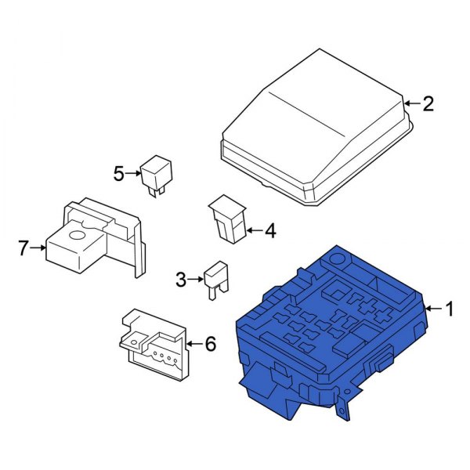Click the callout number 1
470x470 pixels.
[x=450, y=309]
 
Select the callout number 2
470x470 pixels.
[x=428, y=104]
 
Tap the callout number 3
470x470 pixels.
[x=181, y=280]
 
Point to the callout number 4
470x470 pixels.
[x=271, y=231]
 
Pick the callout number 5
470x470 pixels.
[x=119, y=174]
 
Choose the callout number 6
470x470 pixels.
[x=210, y=344]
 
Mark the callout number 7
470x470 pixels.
[x=23, y=248]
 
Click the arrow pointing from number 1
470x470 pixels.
[x=434, y=309]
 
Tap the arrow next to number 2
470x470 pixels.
[x=413, y=103]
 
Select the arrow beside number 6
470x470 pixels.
[x=194, y=344]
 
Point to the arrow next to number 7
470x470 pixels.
[x=38, y=248]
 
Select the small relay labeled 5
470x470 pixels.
[x=156, y=176]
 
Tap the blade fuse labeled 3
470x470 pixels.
[x=216, y=280]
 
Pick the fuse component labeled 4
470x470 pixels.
[x=228, y=219]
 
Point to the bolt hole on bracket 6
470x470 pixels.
[x=134, y=342]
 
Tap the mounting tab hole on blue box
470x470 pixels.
[x=347, y=392]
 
